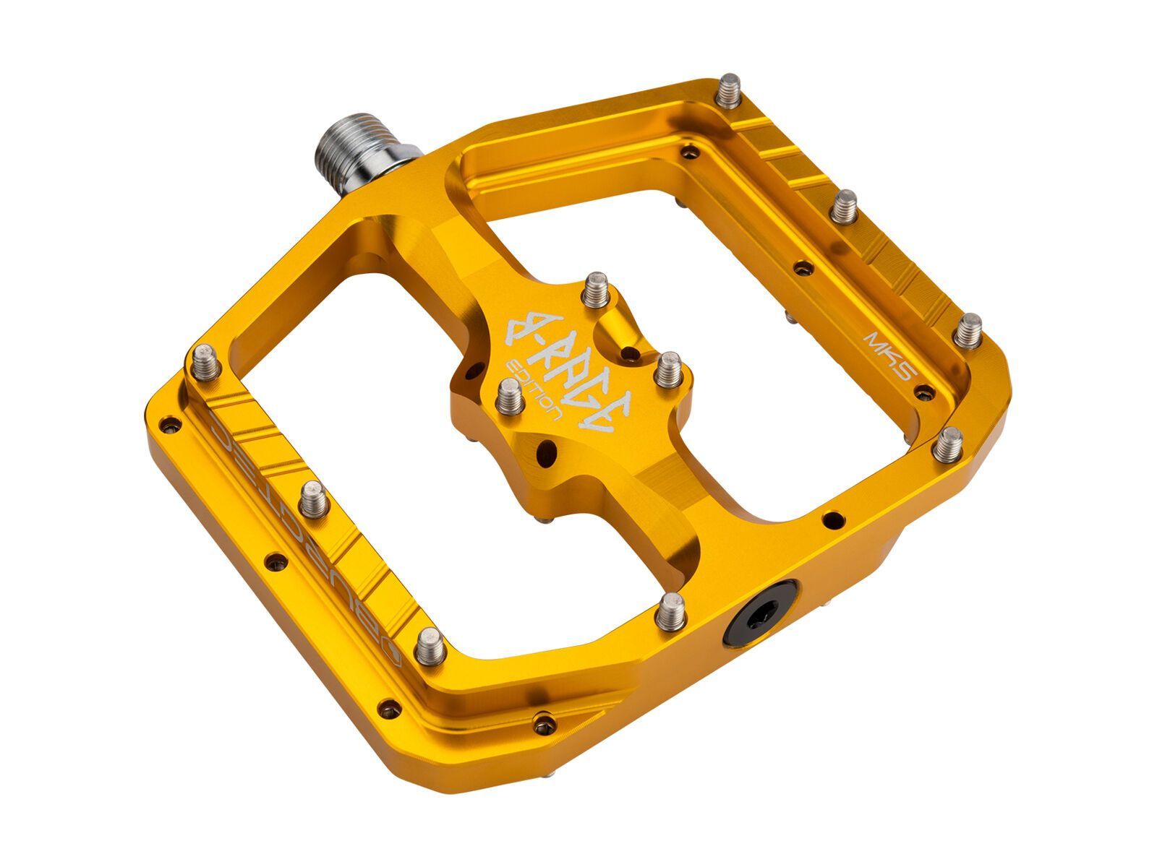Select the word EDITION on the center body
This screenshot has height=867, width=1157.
point(537,391)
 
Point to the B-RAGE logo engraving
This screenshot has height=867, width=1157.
point(571,372)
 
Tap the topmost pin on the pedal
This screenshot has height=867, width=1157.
point(730,91)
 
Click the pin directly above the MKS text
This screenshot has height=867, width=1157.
point(967,331)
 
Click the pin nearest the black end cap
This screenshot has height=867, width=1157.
point(672,611)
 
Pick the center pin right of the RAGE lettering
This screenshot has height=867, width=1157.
point(668,370)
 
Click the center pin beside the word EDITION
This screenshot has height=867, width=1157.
point(510,397)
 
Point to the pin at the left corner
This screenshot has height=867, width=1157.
point(205,361)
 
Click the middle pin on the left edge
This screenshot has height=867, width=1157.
point(313,498)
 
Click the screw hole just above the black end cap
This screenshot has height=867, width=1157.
point(832,519)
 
